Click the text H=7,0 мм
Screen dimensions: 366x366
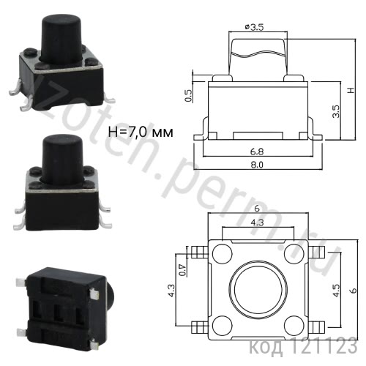[x=140, y=132]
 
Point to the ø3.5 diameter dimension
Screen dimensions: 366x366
[x=252, y=27]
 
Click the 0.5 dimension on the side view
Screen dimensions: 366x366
[x=188, y=95]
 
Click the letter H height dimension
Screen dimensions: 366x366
[x=351, y=91]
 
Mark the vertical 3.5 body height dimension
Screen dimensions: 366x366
[x=335, y=111]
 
